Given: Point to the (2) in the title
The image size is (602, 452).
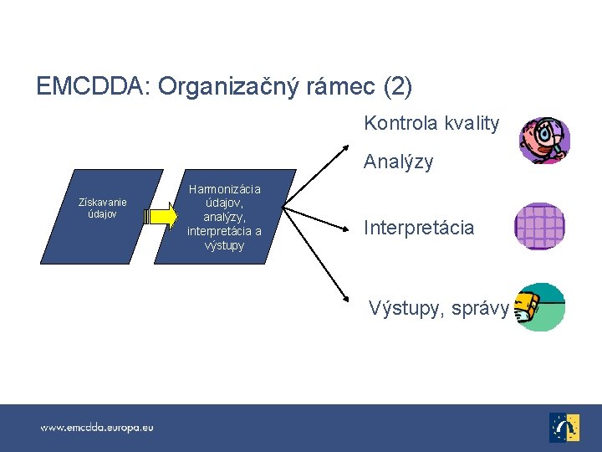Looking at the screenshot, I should [397, 86].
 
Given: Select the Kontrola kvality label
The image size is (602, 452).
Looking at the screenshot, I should [431, 124].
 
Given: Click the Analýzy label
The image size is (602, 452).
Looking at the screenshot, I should [398, 162].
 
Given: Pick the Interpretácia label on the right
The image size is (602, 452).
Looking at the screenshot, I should [418, 228].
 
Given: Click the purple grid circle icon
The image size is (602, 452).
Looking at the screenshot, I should [540, 226].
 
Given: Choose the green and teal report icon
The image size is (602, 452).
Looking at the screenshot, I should [540, 307].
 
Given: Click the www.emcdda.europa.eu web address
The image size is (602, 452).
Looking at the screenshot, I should [97, 428].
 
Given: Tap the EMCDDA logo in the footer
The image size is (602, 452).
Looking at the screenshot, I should [564, 427].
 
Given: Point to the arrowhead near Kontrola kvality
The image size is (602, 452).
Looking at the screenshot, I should [346, 151].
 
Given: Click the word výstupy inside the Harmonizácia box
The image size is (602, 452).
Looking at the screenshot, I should [224, 246].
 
